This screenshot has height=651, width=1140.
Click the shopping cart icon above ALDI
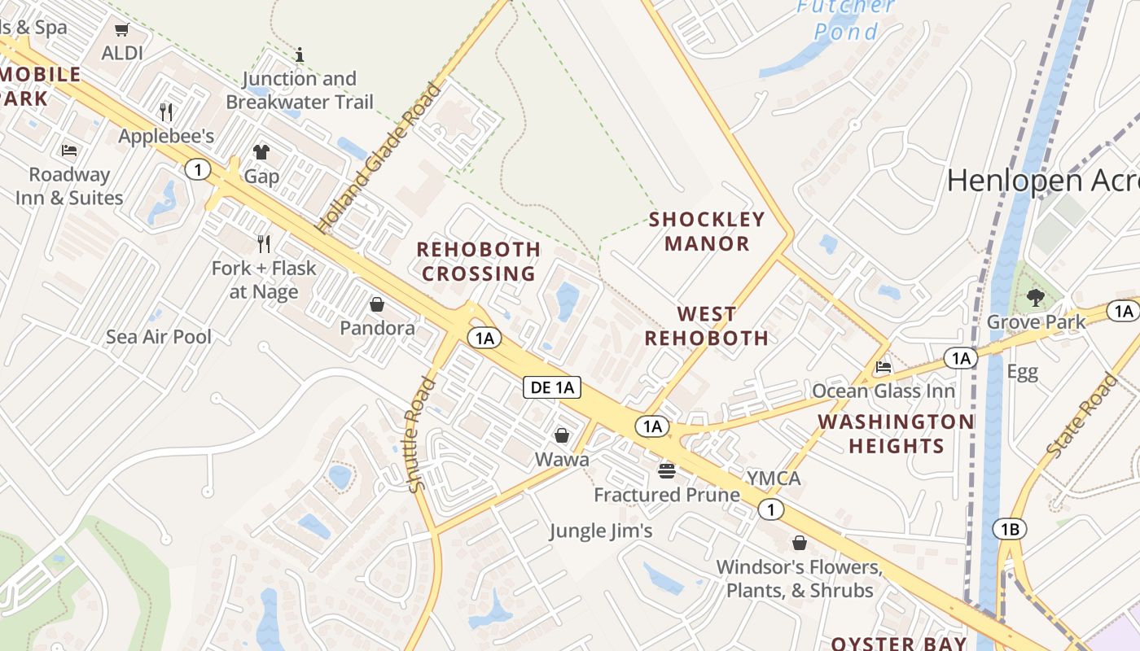click(x=122, y=30)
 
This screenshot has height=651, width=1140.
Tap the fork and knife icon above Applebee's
click(x=166, y=111)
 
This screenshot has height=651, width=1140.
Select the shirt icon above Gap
click(x=261, y=151)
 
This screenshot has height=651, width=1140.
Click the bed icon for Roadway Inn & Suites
click(x=69, y=151)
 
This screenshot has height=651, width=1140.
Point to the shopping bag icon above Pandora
click(x=377, y=304)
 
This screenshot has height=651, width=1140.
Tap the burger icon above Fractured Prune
click(x=666, y=470)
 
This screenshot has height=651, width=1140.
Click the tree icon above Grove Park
click(x=1035, y=297)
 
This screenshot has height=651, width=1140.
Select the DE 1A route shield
click(x=552, y=387)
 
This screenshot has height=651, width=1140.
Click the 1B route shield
click(x=1010, y=530)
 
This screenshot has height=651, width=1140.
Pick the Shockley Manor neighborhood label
click(x=707, y=231)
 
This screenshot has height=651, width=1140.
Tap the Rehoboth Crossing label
click(x=479, y=261)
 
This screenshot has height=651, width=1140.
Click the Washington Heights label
click(x=896, y=434)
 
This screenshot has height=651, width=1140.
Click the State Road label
click(x=1082, y=416)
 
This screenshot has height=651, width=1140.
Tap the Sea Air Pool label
click(x=159, y=337)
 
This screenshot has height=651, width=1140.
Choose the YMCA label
click(x=774, y=478)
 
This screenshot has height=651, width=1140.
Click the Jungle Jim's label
click(x=601, y=531)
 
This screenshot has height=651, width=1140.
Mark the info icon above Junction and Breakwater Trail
click(x=300, y=55)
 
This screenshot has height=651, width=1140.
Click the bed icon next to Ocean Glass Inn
click(x=883, y=366)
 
